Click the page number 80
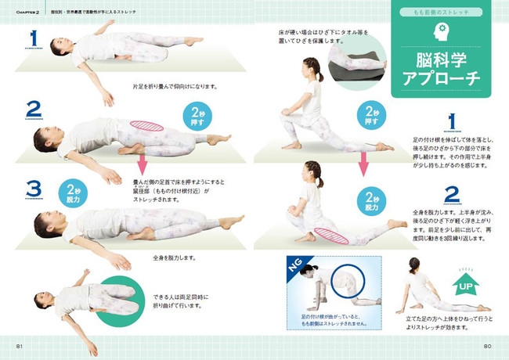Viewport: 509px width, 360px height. pos(486,346)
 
